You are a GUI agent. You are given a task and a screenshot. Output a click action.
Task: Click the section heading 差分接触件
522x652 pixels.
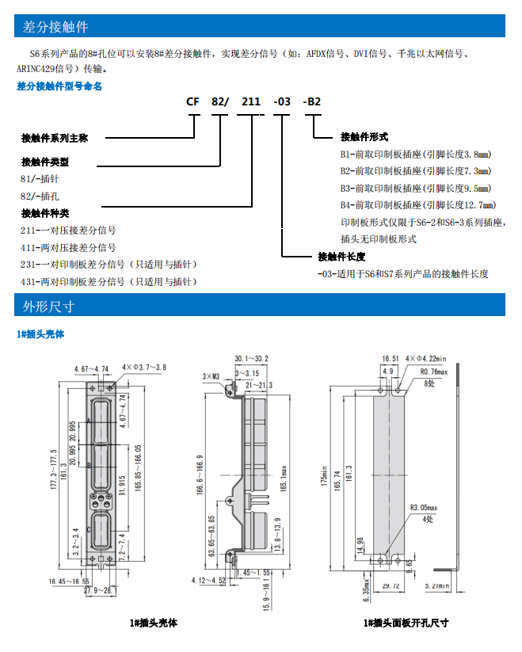50,28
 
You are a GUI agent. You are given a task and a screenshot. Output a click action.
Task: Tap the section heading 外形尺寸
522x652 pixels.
48,306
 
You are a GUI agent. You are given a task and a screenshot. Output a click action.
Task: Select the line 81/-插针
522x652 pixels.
38,178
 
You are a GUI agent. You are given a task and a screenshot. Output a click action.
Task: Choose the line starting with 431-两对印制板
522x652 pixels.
109,282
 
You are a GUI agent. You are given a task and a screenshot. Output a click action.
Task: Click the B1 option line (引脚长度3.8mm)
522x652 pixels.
415,154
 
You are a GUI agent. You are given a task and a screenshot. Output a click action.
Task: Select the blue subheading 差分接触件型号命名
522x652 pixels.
59,86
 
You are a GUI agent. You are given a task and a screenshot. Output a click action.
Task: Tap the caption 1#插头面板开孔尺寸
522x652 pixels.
406,623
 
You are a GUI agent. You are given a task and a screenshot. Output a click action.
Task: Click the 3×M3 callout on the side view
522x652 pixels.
210,376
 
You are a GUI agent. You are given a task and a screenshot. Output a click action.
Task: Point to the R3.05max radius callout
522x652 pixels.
425,508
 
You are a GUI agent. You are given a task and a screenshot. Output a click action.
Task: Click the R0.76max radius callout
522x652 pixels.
434,371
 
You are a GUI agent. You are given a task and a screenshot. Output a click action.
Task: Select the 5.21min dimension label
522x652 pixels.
436,586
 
